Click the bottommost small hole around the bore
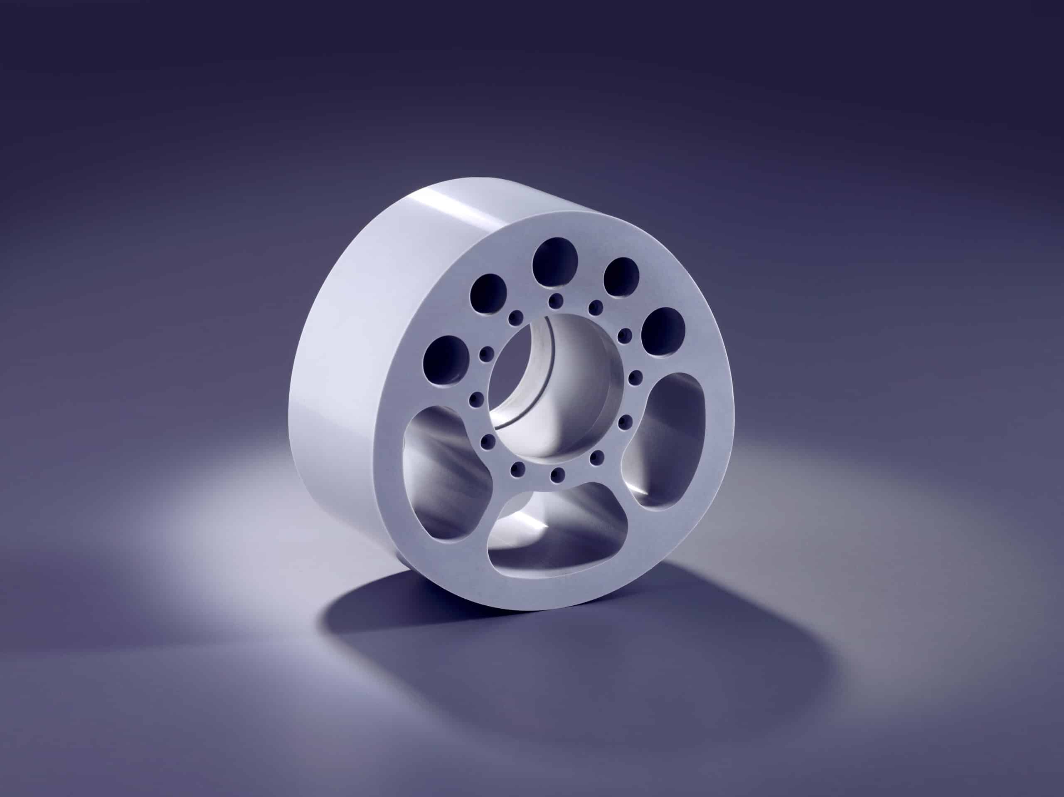(x=559, y=476)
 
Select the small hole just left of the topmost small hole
(x=516, y=317)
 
